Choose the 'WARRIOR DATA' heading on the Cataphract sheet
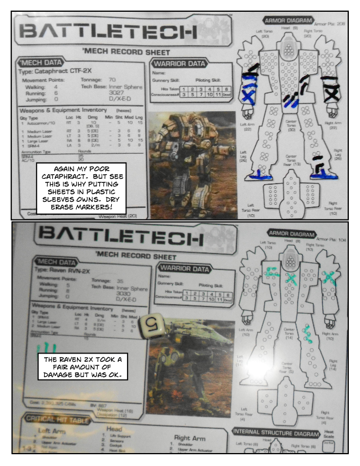pyautogui.click(x=179, y=64)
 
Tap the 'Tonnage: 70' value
pyautogui.click(x=104, y=79)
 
